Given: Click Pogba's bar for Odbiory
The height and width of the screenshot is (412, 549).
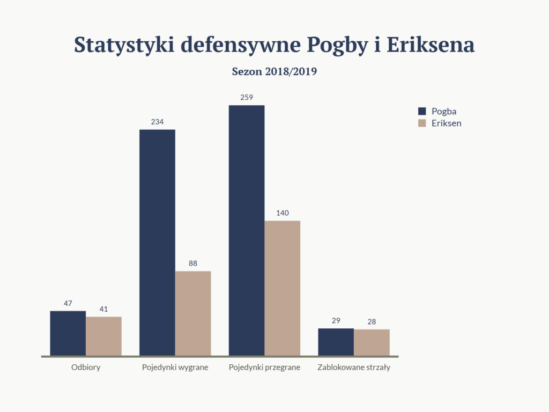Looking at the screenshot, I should (68, 333).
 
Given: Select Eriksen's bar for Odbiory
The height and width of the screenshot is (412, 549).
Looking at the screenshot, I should (103, 336).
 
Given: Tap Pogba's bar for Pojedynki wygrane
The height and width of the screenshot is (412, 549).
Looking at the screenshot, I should (157, 242).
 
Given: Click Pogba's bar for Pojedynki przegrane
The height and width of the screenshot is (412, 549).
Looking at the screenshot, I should (247, 230).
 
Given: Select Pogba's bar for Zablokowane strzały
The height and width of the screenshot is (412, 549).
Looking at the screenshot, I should (336, 342).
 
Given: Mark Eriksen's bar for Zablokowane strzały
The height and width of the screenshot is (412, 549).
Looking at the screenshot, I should (372, 342).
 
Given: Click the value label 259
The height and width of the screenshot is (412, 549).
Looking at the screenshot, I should (247, 98).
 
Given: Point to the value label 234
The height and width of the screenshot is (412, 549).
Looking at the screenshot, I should (157, 122).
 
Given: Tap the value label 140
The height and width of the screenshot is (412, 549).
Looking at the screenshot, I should (283, 213).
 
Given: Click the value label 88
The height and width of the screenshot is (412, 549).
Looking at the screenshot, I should (193, 263).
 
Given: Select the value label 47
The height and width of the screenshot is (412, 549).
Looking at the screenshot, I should (68, 304).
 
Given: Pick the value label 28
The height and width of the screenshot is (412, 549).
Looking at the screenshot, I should (372, 322).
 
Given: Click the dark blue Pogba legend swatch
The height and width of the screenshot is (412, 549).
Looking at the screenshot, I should (421, 112).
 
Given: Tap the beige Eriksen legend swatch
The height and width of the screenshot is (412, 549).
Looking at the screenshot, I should (421, 123).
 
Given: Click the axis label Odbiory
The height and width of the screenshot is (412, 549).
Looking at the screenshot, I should (86, 368).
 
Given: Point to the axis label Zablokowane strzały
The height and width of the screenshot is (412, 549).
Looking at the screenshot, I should (354, 368).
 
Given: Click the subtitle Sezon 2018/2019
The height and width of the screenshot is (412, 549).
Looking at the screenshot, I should (274, 71).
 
